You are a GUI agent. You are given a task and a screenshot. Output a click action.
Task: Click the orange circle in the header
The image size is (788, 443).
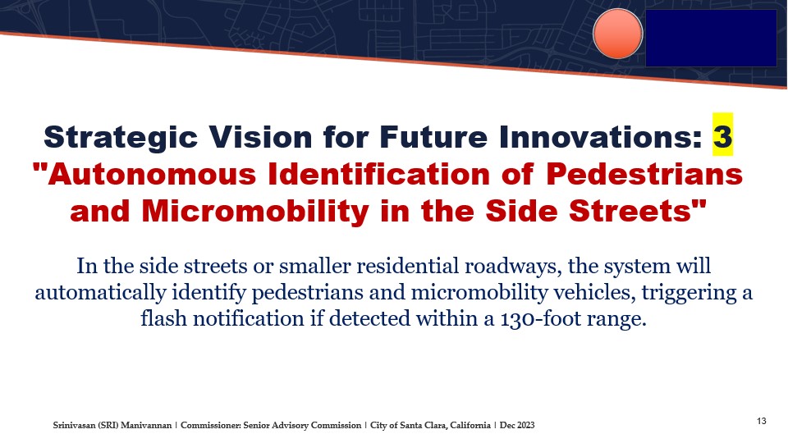pos(617,34)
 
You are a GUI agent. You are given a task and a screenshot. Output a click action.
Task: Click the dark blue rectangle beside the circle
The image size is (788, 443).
pos(711,39)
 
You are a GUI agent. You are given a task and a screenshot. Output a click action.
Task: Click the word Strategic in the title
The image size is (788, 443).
pos(121,138)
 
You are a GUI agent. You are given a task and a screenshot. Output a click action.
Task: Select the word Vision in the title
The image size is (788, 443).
pos(260,137)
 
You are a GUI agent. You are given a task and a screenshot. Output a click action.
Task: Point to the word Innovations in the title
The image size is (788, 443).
pos(601,137)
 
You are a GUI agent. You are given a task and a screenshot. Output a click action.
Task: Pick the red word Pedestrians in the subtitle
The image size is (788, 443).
pos(644,174)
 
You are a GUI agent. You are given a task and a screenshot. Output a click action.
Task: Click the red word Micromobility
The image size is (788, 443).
pos(255,211)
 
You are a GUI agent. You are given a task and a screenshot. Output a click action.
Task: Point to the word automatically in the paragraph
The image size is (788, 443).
pos(100,293)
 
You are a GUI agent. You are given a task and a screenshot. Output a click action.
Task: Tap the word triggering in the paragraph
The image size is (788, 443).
pos(686,293)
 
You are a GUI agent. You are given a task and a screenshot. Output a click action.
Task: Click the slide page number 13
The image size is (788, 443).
pos(762,421)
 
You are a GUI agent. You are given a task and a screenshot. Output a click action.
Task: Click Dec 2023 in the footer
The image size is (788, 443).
pos(517,425)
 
